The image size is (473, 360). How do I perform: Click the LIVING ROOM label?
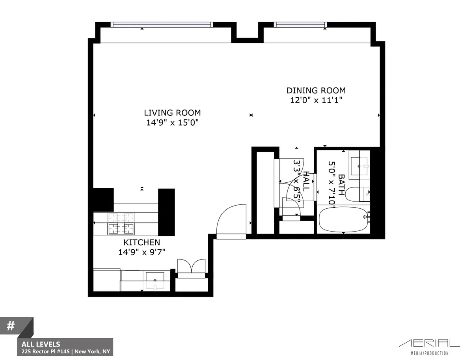[x=172, y=113]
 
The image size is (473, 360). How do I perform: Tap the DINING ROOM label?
[x=316, y=90]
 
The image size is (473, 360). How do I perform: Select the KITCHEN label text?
[x=142, y=242]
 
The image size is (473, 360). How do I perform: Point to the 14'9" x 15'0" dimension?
[x=172, y=122]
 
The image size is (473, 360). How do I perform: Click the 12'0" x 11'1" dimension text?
[x=316, y=100]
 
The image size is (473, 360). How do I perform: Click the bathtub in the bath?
[x=343, y=220]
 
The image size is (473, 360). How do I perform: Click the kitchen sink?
[x=155, y=280]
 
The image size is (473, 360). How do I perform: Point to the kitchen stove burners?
[x=121, y=223]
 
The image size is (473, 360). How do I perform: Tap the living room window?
[x=162, y=24]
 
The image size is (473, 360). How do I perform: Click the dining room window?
[x=300, y=24]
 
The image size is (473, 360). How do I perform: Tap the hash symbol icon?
[x=11, y=326]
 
